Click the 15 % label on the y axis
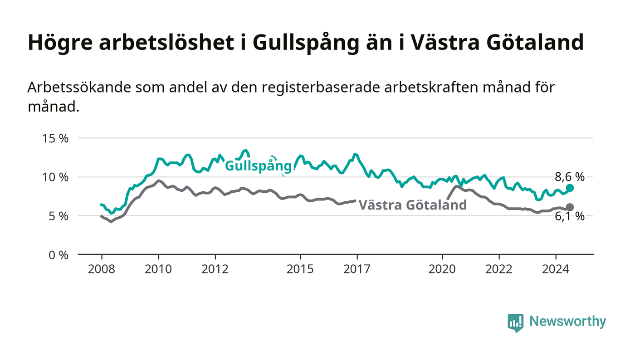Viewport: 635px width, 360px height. tap(55, 139)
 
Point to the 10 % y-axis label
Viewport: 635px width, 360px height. tap(55, 177)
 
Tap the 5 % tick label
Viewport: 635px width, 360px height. tap(59, 216)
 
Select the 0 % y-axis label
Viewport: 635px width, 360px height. tap(59, 255)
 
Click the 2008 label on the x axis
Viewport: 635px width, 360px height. tap(102, 269)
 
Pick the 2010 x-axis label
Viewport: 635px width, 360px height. tap(158, 269)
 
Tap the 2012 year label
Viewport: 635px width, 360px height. tap(215, 269)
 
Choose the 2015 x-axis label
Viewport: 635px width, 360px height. tap(300, 269)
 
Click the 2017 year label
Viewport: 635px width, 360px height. tap(357, 269)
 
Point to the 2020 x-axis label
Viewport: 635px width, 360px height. tap(442, 269)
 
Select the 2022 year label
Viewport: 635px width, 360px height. tap(499, 269)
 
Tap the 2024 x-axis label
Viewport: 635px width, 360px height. tap(556, 269)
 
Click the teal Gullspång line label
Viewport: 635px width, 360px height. tap(258, 166)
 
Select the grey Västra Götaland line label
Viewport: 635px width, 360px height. tap(413, 205)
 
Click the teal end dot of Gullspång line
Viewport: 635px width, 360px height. tap(570, 188)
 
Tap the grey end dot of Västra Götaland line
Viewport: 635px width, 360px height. tap(570, 207)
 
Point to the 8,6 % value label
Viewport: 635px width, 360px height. tap(570, 177)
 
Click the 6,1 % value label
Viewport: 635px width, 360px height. tap(570, 217)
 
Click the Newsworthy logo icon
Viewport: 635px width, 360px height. tap(515, 322)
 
